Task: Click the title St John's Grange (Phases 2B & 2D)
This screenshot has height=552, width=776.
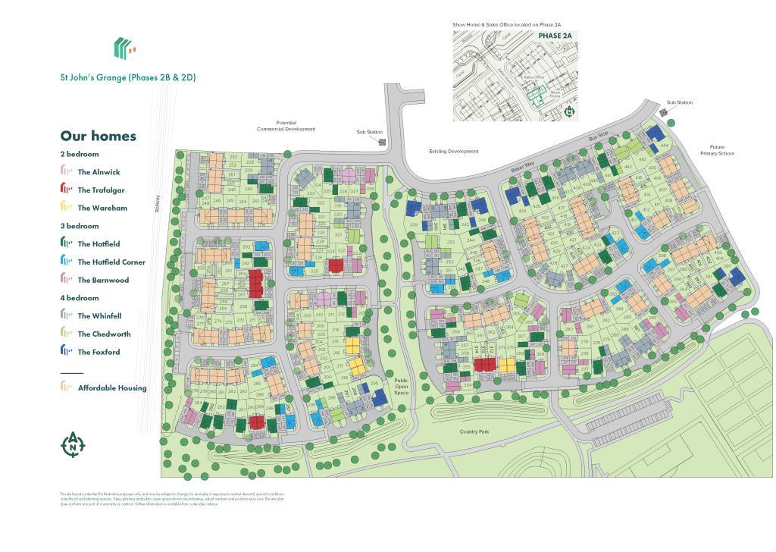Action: [x=127, y=77]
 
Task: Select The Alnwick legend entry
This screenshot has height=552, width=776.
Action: [x=99, y=172]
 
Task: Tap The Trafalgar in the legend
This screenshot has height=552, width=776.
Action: [x=101, y=190]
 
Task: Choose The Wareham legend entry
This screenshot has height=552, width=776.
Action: [x=102, y=208]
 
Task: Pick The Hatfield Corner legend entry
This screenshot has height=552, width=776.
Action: [x=111, y=262]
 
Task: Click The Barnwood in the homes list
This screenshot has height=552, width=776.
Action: [x=103, y=280]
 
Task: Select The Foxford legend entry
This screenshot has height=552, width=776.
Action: [x=99, y=352]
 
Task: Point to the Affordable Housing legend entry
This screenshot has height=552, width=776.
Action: [x=112, y=388]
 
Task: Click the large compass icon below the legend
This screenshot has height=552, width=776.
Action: [x=73, y=445]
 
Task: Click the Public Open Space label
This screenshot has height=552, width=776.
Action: [x=401, y=387]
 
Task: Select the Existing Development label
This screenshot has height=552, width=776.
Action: [x=453, y=152]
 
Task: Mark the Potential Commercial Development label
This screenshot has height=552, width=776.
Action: [x=286, y=126]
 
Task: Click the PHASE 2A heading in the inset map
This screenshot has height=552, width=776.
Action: [x=555, y=36]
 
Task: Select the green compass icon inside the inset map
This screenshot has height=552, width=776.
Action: [x=570, y=111]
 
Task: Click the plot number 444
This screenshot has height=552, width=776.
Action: [x=664, y=145]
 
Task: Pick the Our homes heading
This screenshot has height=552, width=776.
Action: [x=99, y=136]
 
